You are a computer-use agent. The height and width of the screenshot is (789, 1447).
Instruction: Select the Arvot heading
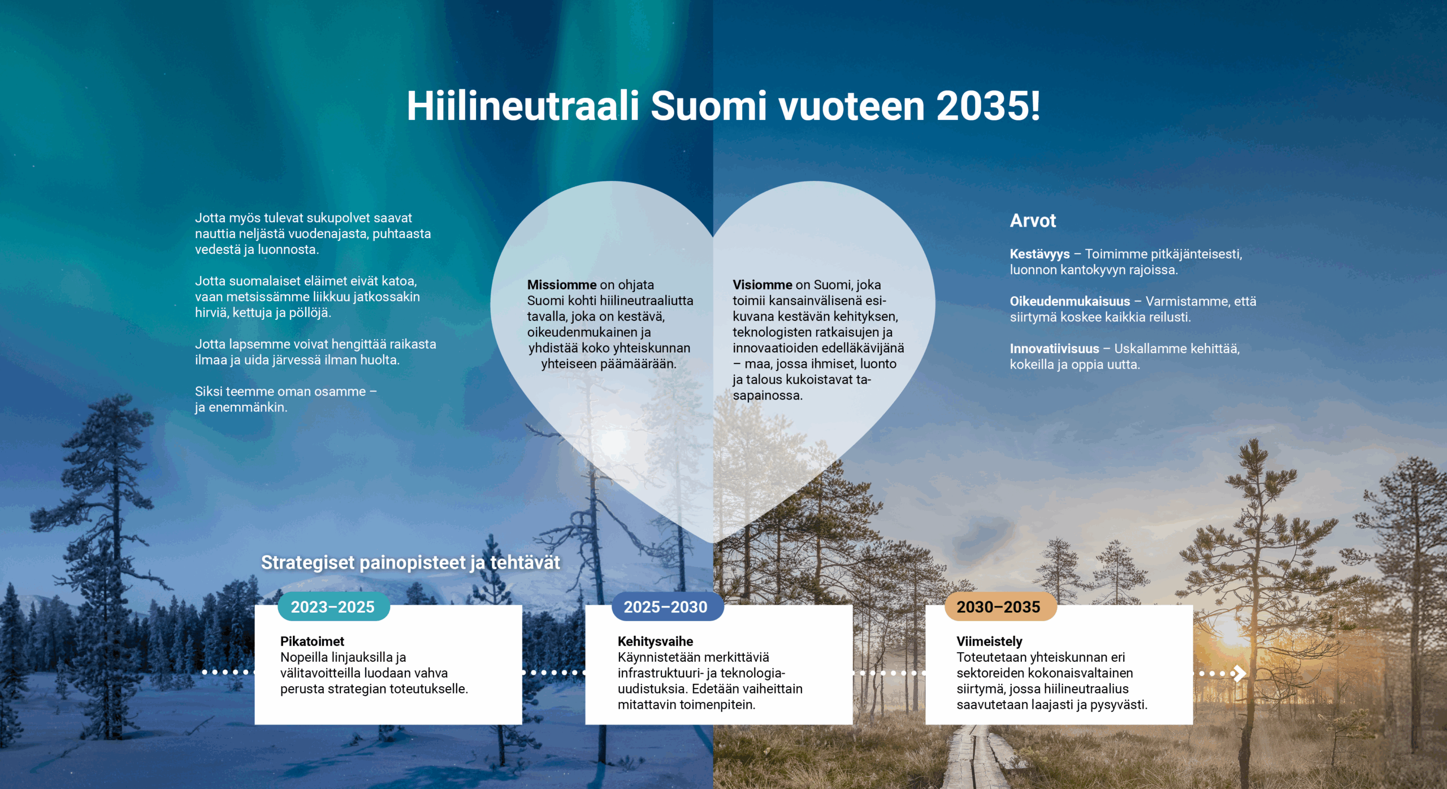(x=1033, y=220)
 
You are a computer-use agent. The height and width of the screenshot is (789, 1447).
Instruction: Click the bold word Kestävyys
(x=1039, y=254)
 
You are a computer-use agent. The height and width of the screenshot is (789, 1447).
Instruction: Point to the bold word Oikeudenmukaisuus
(x=1069, y=301)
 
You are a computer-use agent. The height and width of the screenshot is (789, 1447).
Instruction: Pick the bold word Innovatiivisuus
(x=1054, y=349)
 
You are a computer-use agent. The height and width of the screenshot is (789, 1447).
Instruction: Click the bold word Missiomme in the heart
(x=561, y=285)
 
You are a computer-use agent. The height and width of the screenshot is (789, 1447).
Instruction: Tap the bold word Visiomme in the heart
(x=762, y=285)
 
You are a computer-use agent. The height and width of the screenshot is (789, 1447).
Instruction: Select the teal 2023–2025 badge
(x=333, y=607)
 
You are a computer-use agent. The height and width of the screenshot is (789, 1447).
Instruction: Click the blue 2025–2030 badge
(x=666, y=607)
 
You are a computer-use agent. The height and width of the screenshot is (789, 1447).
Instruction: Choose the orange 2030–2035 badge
(x=999, y=607)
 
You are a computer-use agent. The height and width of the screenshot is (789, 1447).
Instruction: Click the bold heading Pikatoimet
(x=312, y=641)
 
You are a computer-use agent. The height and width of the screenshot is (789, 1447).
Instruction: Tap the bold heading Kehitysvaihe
(x=655, y=641)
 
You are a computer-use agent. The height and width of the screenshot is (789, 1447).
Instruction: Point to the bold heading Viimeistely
(x=989, y=641)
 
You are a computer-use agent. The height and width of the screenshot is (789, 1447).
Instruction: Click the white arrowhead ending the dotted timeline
(x=1239, y=673)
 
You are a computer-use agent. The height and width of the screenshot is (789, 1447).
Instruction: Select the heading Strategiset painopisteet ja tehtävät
(x=410, y=563)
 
